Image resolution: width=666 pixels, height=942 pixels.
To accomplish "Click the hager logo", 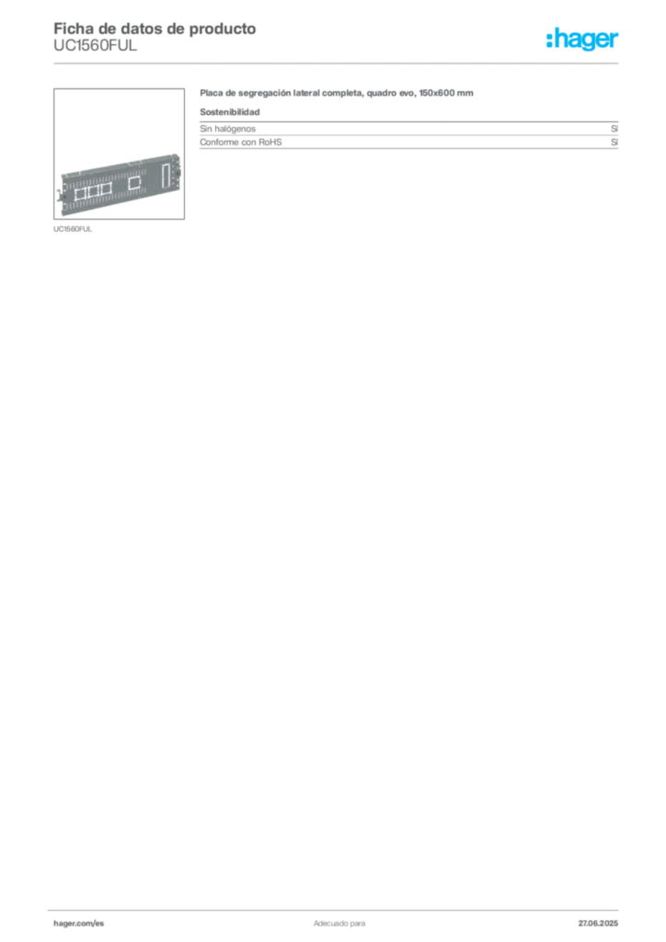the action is click(581, 39).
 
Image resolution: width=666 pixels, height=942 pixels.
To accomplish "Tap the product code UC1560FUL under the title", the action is click(95, 46).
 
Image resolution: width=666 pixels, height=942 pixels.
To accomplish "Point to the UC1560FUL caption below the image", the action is click(73, 229).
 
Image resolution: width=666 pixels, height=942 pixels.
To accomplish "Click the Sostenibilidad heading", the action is click(229, 111).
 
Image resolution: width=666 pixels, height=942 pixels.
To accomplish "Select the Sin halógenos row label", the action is click(227, 129).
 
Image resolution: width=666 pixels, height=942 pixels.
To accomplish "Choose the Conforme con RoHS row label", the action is click(241, 142).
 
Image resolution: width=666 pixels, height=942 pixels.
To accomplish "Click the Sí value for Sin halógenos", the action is click(614, 129).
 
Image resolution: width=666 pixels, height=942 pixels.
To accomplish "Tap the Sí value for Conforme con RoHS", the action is click(614, 142).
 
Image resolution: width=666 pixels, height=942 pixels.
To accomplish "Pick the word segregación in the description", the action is click(264, 93).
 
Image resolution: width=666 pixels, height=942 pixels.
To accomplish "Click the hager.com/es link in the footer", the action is click(79, 923).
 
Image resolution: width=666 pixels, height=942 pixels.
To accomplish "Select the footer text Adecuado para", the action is click(339, 923).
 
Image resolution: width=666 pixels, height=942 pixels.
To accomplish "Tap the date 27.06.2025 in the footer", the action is click(598, 923).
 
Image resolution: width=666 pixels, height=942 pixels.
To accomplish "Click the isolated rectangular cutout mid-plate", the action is click(134, 182).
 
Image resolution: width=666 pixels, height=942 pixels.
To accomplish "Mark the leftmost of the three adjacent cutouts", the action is click(80, 193).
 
